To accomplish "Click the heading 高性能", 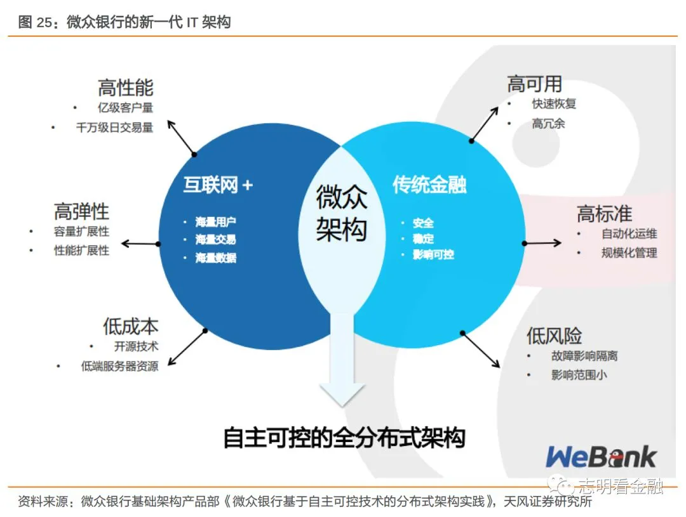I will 126,88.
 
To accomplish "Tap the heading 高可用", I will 534,84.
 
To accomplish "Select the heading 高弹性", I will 81,211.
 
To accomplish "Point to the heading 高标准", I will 604,214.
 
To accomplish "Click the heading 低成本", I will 130,327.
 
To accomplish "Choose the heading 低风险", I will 554,336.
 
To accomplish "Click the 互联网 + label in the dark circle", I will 218,185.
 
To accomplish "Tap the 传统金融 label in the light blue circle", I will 429,185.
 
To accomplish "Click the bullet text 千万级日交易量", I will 114,127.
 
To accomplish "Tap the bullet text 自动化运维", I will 629,233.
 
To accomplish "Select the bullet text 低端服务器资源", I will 119,366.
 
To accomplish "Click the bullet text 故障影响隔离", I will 584,356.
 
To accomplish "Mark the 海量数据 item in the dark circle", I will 215,258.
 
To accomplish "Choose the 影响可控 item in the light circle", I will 433,254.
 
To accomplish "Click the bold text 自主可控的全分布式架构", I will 344,438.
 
